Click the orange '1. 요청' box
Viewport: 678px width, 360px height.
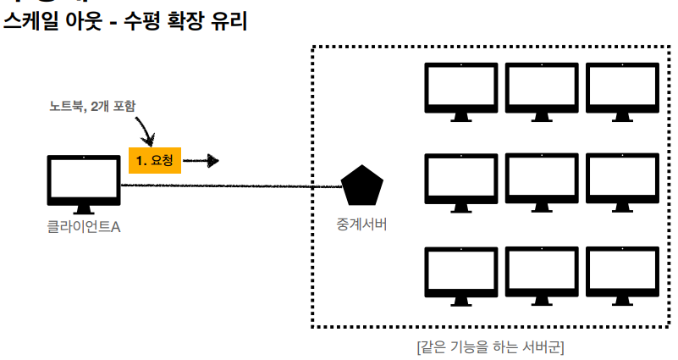pos(155,160)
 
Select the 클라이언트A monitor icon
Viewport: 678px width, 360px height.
pos(83,183)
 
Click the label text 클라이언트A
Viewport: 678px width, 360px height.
pos(83,226)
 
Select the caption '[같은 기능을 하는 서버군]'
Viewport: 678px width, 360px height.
pos(491,346)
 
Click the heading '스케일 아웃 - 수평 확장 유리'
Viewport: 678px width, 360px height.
pos(125,23)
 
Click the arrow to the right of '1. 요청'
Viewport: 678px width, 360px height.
pos(203,160)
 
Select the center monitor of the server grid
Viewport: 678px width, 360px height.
pos(542,181)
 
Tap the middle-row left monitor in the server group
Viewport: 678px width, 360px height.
pos(461,181)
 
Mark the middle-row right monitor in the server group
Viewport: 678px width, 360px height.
pos(622,181)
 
